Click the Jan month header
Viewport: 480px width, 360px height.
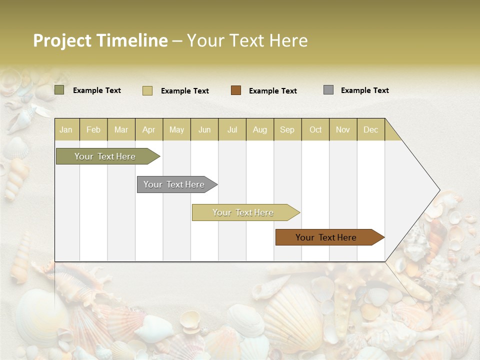click(66, 129)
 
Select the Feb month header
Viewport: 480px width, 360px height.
click(93, 129)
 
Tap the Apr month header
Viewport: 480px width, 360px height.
click(149, 129)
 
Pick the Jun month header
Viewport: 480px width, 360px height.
click(204, 129)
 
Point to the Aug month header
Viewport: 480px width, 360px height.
click(260, 129)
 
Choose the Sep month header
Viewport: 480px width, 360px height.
click(287, 129)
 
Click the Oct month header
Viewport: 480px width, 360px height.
click(315, 129)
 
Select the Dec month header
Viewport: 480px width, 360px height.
click(371, 129)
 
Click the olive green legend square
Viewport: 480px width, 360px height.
click(59, 90)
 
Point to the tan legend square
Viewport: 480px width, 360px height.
click(147, 90)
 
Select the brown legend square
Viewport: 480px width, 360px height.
click(236, 90)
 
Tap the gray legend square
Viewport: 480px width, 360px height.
click(328, 90)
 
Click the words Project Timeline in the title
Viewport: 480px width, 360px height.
click(100, 40)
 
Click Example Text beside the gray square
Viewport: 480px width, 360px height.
click(365, 90)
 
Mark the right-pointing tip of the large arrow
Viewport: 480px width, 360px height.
click(438, 190)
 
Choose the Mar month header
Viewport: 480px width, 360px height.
click(121, 129)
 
